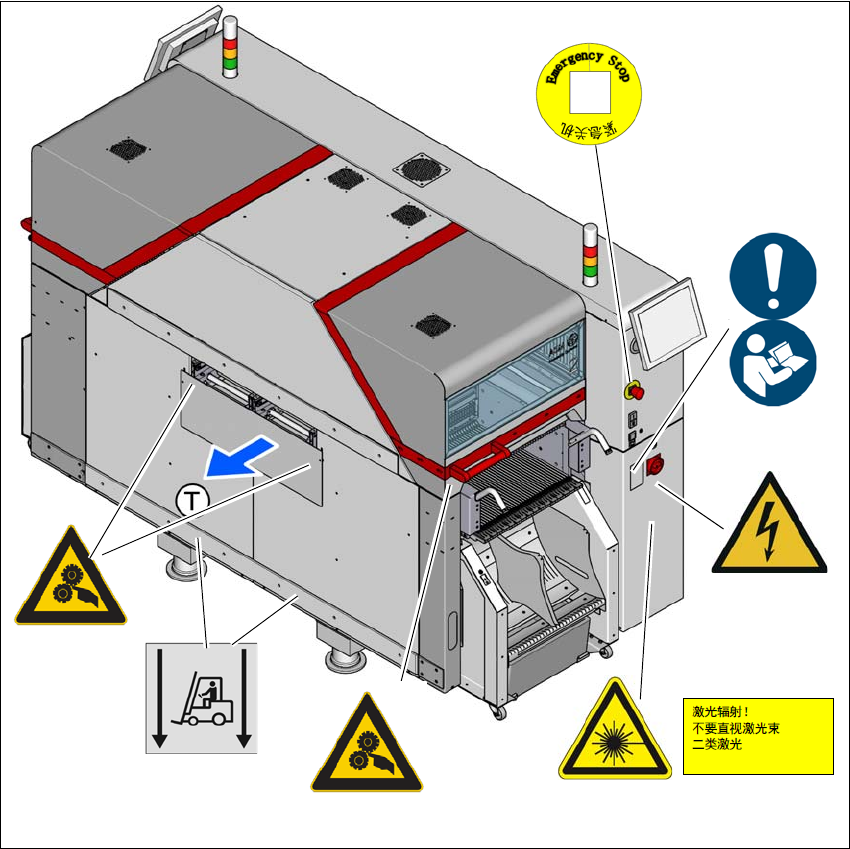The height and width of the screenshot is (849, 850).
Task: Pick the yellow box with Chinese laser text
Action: (x=757, y=736)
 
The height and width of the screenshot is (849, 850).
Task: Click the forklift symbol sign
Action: (x=201, y=697)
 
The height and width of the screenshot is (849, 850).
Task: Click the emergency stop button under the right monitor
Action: (x=633, y=388)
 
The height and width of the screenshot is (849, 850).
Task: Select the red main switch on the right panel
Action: (x=657, y=465)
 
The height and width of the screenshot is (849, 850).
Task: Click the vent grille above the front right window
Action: (x=431, y=325)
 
